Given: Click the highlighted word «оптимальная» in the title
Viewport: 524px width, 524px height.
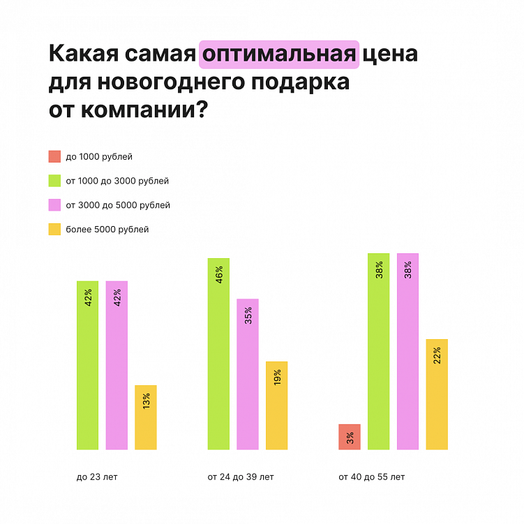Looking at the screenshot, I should (x=279, y=54).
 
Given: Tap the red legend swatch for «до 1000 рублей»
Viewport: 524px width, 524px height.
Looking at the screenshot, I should (x=54, y=156).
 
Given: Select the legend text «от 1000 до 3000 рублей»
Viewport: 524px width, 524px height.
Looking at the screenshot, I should (x=117, y=181).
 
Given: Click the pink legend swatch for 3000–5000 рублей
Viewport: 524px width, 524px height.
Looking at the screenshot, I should (x=54, y=205).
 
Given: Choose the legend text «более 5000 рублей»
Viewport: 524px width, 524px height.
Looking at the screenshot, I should (x=107, y=229).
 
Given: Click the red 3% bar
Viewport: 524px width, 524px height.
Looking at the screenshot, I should (x=350, y=437).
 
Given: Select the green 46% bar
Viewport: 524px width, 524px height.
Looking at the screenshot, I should (x=218, y=354).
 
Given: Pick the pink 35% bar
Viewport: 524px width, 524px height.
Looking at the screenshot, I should (x=248, y=374).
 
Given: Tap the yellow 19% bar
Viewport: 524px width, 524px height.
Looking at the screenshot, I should (x=276, y=405).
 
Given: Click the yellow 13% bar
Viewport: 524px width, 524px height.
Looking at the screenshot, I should (x=146, y=417).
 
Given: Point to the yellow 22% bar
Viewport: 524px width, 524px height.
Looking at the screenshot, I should (x=436, y=394).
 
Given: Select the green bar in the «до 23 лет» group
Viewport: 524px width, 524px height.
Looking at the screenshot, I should (x=88, y=365).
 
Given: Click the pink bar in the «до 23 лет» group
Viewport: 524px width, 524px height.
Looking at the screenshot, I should (x=117, y=365).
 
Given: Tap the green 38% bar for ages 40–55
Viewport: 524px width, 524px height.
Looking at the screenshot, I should (x=378, y=351).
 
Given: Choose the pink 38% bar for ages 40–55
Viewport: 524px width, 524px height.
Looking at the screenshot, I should (x=407, y=351).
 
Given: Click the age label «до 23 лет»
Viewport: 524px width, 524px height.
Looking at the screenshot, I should (x=97, y=477).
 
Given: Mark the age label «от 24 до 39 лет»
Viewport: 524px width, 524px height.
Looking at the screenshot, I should (x=241, y=477).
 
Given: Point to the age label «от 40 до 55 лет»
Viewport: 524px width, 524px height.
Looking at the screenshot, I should (x=371, y=477).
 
